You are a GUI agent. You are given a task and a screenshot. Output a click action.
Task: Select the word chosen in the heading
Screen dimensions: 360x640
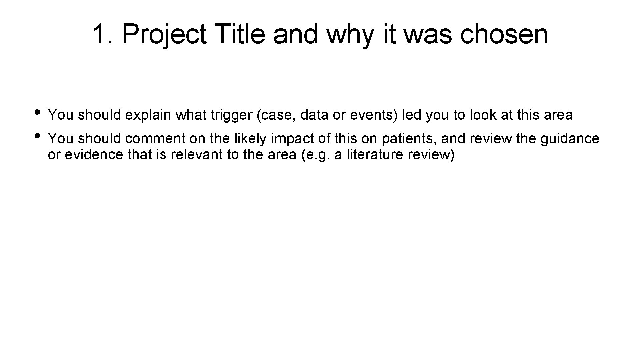coord(504,34)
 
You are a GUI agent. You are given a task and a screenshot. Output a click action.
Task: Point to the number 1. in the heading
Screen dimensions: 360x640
coord(103,34)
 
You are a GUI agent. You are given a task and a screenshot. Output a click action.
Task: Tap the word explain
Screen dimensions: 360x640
coord(149,115)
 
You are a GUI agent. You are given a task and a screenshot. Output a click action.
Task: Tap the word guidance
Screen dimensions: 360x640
coord(570,139)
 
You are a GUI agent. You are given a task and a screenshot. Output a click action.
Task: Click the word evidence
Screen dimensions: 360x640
coord(94,155)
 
